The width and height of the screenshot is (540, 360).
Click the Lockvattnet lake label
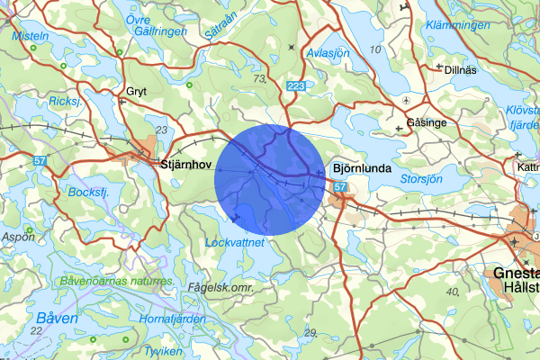pos(233,242)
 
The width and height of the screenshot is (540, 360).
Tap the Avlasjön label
pos(328,52)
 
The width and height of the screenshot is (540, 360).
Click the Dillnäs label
pos(461,67)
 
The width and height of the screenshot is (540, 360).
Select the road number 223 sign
pos(295,85)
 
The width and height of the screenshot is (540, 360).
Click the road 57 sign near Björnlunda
pos(339,187)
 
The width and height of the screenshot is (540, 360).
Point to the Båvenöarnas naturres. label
pos(117,282)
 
